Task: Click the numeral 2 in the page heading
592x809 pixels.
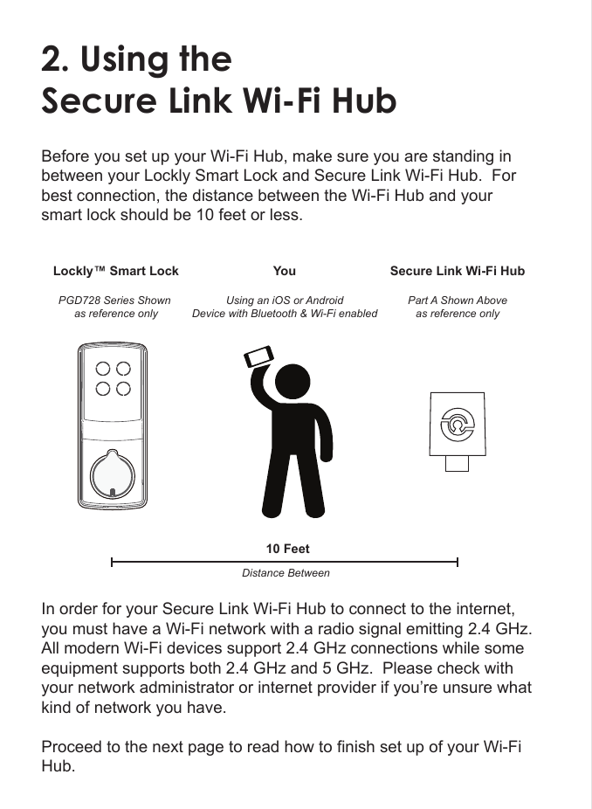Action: coord(54,59)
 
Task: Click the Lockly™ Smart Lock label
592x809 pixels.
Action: coord(116,271)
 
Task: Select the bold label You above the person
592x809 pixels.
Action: coord(284,271)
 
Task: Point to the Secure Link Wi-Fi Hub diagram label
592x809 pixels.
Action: coord(457,271)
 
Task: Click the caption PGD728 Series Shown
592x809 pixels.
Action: coord(114,300)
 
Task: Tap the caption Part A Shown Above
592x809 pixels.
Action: coord(457,300)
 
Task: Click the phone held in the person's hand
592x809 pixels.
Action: coord(258,356)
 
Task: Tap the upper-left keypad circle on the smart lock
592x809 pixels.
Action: coord(104,370)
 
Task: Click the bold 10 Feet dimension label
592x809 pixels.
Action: coord(287,549)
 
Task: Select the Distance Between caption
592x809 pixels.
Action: coord(286,573)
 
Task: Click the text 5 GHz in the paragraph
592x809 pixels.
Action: coord(363,669)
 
